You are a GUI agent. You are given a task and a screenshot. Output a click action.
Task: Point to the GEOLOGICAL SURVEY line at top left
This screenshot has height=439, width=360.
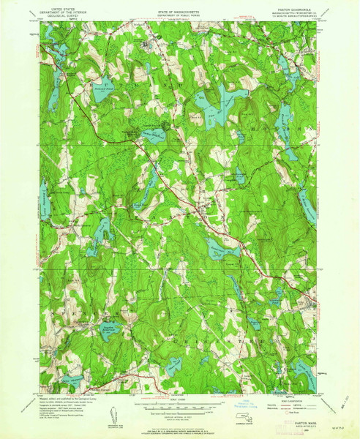point(64,16)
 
